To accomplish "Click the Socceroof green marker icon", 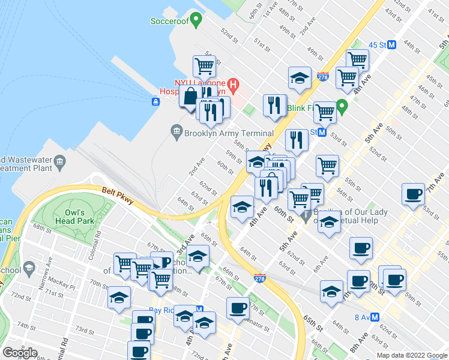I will coord(195,22).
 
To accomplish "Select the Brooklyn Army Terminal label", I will coord(228,133).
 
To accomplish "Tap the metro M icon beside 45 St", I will coord(392,45).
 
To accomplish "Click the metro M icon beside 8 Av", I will coord(375,317).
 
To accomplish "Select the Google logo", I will coord(20,352).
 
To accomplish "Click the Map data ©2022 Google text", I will coord(412,355).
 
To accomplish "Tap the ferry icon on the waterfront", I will coord(155,101).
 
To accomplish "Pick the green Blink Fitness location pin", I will coord(342,107).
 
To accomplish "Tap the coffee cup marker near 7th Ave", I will coord(414,195).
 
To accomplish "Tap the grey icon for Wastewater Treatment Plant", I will coord(60,161).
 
